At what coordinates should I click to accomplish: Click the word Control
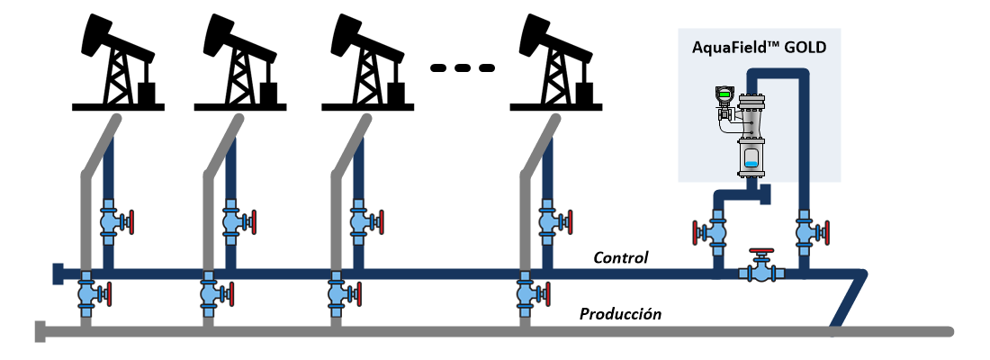[620, 258]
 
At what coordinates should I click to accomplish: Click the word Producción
[620, 314]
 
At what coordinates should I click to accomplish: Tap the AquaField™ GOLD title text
[760, 48]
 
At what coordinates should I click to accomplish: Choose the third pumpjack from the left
[364, 63]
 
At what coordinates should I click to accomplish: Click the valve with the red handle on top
[761, 269]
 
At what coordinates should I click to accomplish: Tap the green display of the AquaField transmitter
[723, 94]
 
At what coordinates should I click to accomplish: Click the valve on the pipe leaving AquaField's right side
[807, 232]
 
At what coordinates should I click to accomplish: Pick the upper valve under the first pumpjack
[109, 220]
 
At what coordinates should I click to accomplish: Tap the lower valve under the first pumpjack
[87, 292]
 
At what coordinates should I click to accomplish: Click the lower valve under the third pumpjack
[337, 292]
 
